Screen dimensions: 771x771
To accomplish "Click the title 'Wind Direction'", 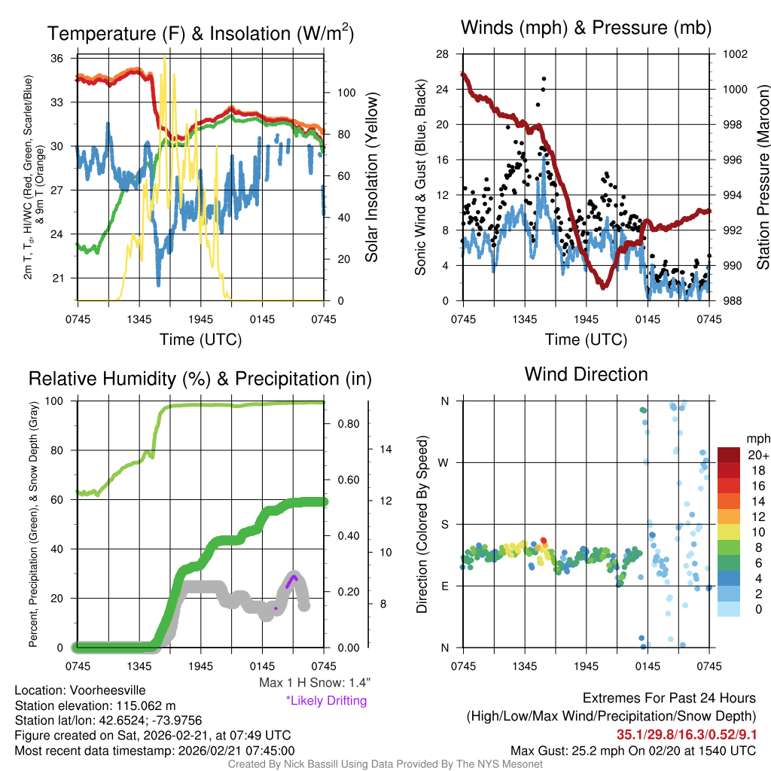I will click(x=586, y=374).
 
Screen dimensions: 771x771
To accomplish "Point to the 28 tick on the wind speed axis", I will click(x=443, y=54).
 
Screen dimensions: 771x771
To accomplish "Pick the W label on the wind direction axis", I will click(x=444, y=462).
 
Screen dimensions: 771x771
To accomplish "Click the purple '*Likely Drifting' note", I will click(x=326, y=700).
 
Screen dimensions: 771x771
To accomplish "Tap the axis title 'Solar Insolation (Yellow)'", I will click(x=371, y=178).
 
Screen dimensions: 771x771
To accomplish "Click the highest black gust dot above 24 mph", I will click(x=544, y=78).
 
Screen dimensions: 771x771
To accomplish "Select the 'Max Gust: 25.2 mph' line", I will click(x=633, y=750).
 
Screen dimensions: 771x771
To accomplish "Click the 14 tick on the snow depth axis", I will click(x=385, y=449).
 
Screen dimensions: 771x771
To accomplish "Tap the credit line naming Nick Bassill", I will click(x=385, y=764).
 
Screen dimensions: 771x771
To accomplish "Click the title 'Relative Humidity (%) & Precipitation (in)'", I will click(x=200, y=379).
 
